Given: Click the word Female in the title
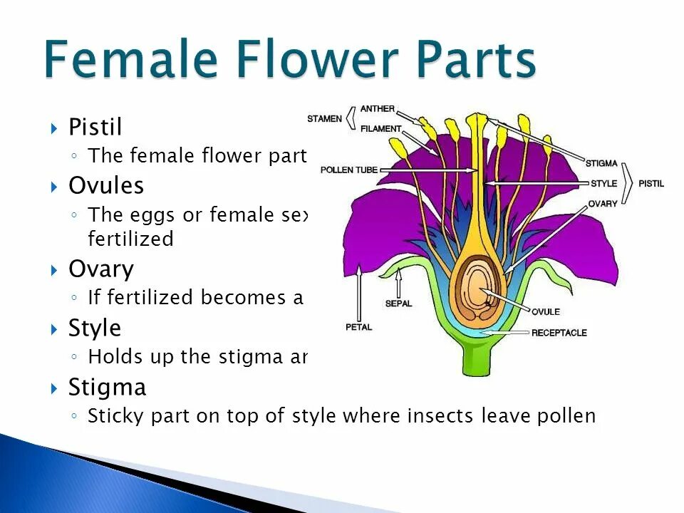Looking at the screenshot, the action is coord(130,60).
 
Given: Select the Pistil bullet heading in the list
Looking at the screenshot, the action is coord(95,128).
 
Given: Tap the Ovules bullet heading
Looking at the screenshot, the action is coord(106,186).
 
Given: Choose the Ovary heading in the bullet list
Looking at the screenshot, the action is coord(101,269).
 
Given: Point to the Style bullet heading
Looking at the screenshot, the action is coord(95,328).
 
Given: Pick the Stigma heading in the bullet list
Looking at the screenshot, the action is coord(108,388).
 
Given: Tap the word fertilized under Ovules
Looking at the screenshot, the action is coord(130,239).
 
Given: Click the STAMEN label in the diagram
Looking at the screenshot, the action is coord(325,118).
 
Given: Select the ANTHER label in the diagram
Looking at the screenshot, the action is coord(378,109).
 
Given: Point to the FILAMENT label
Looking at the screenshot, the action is coord(381,129).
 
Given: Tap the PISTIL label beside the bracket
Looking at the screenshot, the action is coord(651,183).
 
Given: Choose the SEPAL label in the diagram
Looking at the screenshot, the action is coord(398,304).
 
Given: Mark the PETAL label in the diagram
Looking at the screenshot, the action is coord(358,327).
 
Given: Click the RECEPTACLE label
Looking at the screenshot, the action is coord(559,333).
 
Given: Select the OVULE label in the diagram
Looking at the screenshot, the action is coord(546,311).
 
